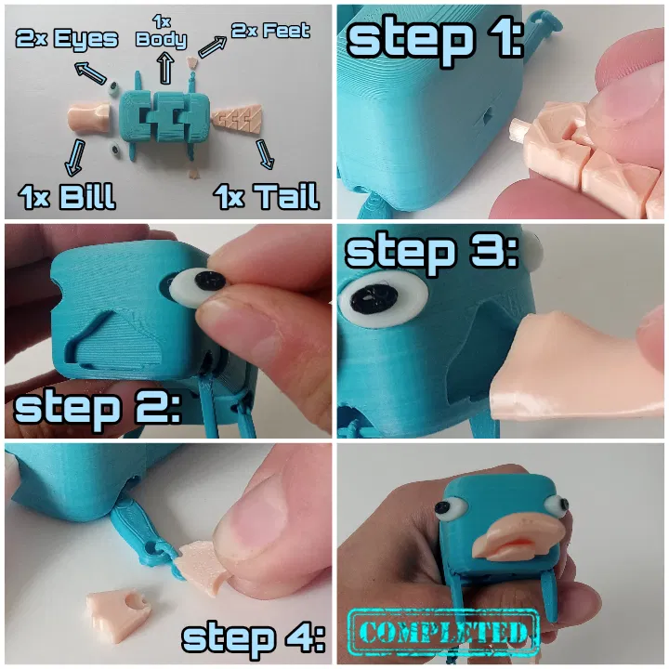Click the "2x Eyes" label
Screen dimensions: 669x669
click(x=67, y=39)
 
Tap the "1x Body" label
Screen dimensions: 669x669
click(x=162, y=32)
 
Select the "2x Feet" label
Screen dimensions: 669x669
click(x=270, y=31)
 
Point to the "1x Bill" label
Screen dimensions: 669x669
click(x=67, y=196)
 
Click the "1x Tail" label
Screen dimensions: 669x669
click(x=267, y=196)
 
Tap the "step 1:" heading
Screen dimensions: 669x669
click(x=435, y=39)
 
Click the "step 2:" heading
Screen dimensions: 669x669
click(x=98, y=408)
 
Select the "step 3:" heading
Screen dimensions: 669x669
click(x=432, y=252)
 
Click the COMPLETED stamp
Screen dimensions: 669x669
click(x=444, y=633)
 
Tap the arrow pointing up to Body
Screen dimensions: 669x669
click(x=165, y=68)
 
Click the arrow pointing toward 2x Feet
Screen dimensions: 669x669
click(x=213, y=46)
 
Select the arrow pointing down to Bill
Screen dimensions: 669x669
click(x=75, y=157)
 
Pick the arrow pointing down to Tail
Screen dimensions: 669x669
click(x=265, y=154)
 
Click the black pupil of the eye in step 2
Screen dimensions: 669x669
click(x=210, y=281)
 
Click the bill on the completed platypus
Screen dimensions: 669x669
click(x=518, y=538)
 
